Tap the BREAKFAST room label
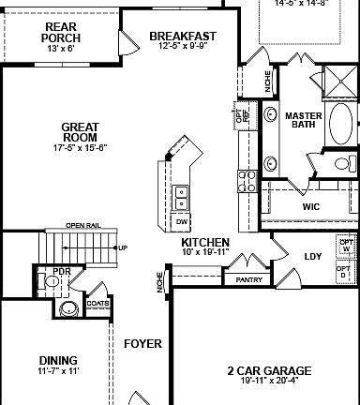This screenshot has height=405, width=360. pos(184,37)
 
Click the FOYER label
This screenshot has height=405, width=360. pos(143,343)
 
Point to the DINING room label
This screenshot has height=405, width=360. pos(58,359)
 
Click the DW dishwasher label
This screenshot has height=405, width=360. pos(183,221)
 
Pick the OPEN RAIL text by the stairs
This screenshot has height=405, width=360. pos(82,225)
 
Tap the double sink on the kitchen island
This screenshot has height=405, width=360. pos(181,197)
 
